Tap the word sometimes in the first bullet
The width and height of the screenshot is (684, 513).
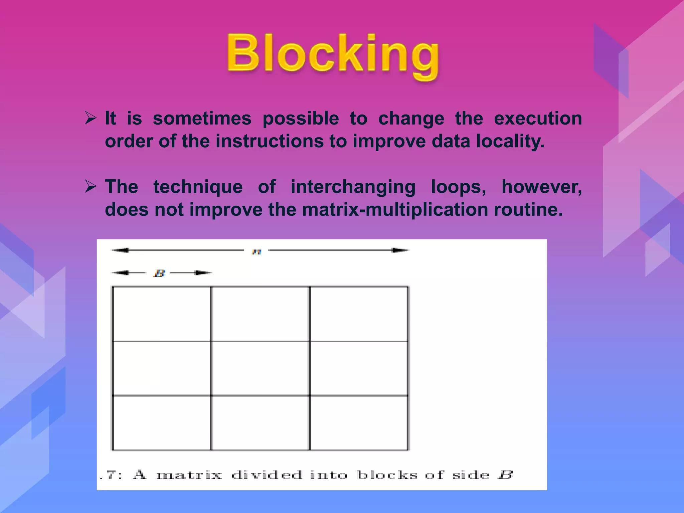(x=202, y=119)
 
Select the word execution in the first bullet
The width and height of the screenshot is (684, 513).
(x=538, y=119)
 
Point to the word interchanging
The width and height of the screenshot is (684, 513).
(x=353, y=187)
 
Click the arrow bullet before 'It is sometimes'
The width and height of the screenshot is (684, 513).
(x=91, y=118)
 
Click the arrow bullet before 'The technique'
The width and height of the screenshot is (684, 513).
(x=91, y=186)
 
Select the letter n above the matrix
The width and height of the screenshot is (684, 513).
(x=256, y=251)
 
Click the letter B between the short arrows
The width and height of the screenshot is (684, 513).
(x=159, y=274)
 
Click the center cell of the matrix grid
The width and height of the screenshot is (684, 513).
(x=260, y=368)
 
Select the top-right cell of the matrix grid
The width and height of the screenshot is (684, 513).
(x=359, y=313)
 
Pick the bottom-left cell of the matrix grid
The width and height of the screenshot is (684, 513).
(x=162, y=423)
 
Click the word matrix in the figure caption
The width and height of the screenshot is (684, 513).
(x=189, y=475)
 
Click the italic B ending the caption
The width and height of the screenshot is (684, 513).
(x=505, y=475)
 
